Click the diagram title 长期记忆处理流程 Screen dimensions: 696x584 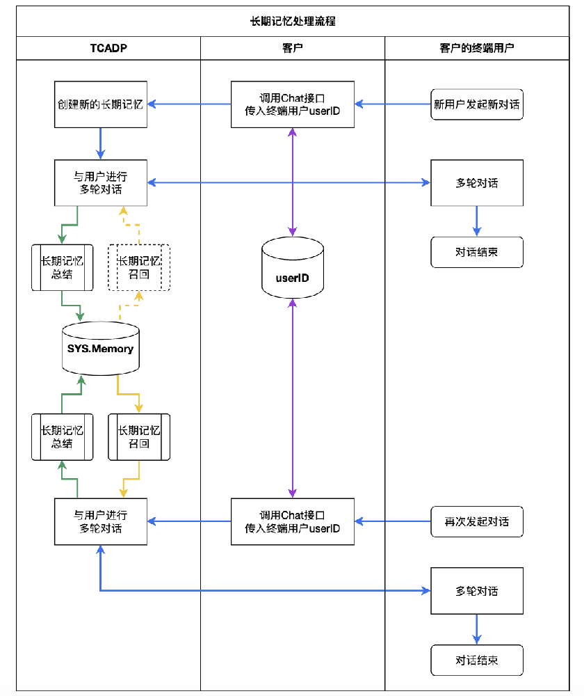click(293, 22)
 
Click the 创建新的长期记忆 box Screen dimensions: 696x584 click(101, 105)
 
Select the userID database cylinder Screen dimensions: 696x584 click(293, 267)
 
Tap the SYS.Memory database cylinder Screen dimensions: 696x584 click(101, 348)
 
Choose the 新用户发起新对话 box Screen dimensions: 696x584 click(477, 105)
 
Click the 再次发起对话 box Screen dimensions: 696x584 click(477, 521)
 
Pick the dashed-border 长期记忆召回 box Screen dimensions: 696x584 click(139, 267)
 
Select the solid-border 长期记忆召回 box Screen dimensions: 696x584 click(139, 437)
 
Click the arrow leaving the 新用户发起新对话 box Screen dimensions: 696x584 click(393, 105)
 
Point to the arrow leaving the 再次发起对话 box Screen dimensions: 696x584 click(393, 521)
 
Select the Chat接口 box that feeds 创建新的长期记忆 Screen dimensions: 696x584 click(293, 105)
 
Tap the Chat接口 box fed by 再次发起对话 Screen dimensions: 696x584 click(293, 521)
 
